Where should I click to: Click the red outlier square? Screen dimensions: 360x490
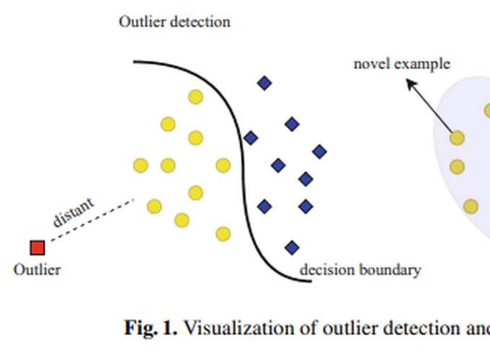tap(37, 248)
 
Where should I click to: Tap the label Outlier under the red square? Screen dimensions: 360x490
tap(37, 270)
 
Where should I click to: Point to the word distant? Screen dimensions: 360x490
tap(73, 211)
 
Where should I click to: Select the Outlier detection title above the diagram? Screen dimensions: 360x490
tap(174, 22)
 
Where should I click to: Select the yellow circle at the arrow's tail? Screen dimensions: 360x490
tap(457, 137)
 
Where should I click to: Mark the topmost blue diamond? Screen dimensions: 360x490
tap(264, 84)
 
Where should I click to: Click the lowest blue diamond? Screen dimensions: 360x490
tap(292, 248)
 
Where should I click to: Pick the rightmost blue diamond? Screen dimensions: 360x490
tap(319, 151)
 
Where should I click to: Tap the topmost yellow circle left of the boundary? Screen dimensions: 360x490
tap(195, 96)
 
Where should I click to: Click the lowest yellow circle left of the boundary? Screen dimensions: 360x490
tap(223, 234)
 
